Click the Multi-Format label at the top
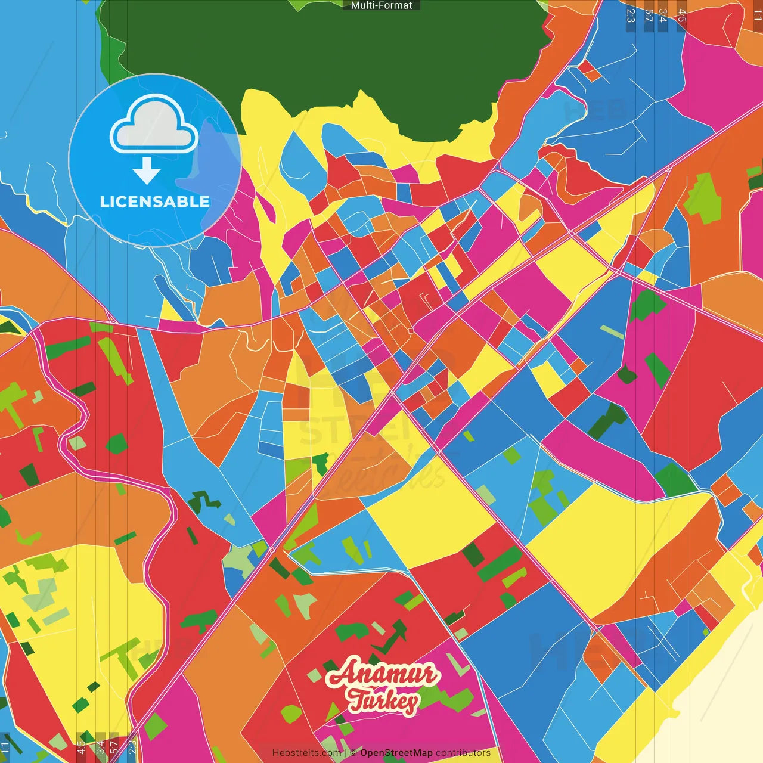pos(381,5)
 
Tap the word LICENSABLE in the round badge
pos(154,201)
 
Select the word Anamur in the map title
pos(383,674)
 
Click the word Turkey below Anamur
pos(383,701)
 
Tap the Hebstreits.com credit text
pos(306,753)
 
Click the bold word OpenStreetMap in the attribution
pos(396,753)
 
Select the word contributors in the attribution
pos(463,753)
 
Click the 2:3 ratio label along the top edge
pos(631,15)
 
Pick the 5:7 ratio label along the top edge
pos(649,15)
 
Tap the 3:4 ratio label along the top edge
pos(663,15)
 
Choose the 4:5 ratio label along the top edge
pos(682,15)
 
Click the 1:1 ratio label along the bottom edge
pos(5,748)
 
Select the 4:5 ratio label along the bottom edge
pos(81,748)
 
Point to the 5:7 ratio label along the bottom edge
pos(114,748)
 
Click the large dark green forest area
pos(334,48)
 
